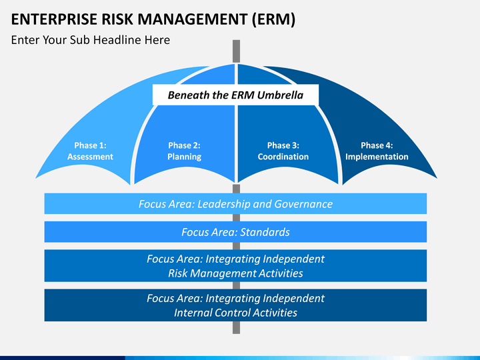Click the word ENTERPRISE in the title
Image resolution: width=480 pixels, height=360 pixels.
tap(54, 19)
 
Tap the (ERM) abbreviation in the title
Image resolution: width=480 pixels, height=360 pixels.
tap(274, 19)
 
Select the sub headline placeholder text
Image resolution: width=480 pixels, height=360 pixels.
tap(90, 40)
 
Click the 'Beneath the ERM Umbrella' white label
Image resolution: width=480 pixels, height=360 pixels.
tap(235, 95)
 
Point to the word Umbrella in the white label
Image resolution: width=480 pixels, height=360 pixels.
tap(280, 95)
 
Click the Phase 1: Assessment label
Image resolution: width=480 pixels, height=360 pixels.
tap(90, 151)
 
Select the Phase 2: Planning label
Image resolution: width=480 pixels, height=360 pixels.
tap(184, 151)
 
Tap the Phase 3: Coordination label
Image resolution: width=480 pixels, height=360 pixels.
tap(283, 151)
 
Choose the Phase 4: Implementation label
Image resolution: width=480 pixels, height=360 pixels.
tap(377, 151)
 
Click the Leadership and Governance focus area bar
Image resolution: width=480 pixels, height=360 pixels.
tap(235, 203)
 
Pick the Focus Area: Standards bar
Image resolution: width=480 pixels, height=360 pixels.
tap(235, 232)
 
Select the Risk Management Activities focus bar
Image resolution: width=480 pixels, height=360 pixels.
tap(235, 266)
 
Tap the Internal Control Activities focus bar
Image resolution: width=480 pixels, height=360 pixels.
tap(235, 305)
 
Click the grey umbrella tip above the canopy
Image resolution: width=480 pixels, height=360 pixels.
tap(236, 51)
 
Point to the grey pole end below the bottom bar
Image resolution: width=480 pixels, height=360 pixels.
tap(236, 327)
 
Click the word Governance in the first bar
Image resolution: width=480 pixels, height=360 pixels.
tap(303, 204)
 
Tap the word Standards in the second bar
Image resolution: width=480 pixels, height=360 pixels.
tap(265, 232)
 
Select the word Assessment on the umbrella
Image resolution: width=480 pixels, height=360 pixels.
tap(90, 157)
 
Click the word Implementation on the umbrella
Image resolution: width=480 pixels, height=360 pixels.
tap(377, 157)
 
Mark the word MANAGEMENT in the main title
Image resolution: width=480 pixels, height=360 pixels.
tap(192, 19)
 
